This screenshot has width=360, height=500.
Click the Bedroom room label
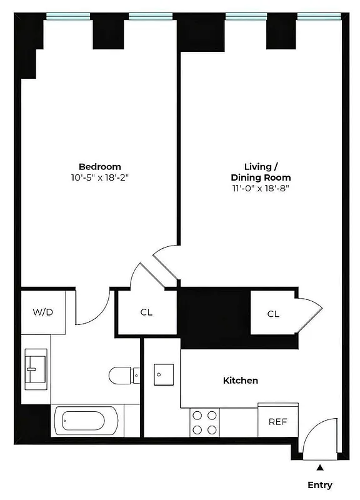pos(99,166)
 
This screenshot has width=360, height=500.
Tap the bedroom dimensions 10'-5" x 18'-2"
pos(99,177)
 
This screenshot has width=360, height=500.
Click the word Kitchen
pos(241,380)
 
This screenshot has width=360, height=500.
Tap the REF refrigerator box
pos(277,421)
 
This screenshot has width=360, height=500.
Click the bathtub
pos(87,422)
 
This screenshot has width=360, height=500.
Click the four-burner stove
pos(204,422)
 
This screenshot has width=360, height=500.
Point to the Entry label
pos(319,485)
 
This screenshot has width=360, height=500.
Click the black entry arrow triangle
pos(320,467)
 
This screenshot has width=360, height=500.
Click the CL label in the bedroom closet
pos(146,312)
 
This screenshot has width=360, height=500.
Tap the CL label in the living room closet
pos(273,314)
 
